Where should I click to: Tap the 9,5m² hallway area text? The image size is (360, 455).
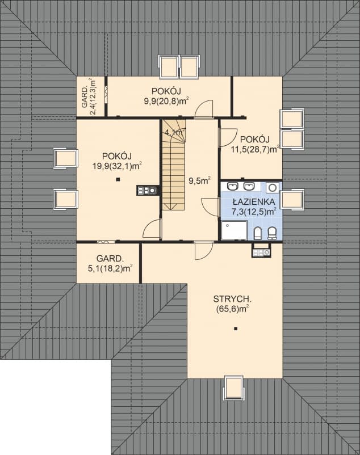[199, 182]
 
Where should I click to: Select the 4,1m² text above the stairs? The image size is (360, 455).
[174, 133]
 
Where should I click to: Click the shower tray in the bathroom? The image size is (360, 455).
[235, 231]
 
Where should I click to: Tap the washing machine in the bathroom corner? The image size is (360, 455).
[273, 187]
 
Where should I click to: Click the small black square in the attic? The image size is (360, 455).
[236, 329]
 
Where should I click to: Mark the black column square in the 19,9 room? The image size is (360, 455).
[118, 180]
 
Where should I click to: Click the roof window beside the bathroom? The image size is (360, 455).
[292, 200]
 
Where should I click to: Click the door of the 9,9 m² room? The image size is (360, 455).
[203, 109]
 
